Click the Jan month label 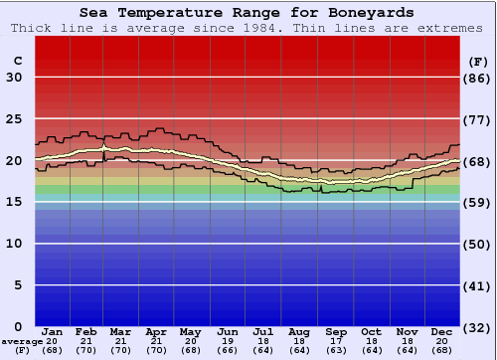[54, 331]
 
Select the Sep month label [337, 331]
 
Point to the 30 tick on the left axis [14, 78]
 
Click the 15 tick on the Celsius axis [14, 202]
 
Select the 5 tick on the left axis [18, 285]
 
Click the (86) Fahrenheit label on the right [477, 78]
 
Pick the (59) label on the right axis [477, 202]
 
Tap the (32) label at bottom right [477, 327]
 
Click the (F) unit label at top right [477, 61]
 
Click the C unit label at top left [17, 61]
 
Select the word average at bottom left [21, 341]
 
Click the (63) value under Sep [337, 350]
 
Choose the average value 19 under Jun [230, 341]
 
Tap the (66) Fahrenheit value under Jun [230, 350]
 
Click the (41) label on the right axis [477, 285]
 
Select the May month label [190, 331]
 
